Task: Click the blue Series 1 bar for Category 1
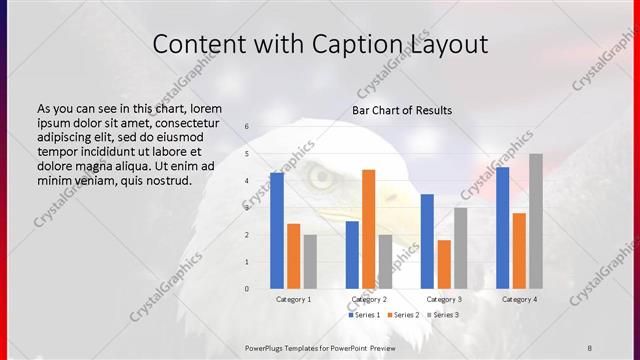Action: point(276,230)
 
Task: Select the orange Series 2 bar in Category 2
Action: point(368,229)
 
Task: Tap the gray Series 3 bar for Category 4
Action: point(536,221)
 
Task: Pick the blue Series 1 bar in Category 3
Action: point(427,241)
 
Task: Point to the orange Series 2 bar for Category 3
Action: point(443,264)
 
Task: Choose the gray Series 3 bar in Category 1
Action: point(310,262)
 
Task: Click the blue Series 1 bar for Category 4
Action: point(502,227)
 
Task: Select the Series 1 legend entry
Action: point(364,314)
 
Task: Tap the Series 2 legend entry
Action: point(403,314)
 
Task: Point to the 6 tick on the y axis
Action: point(247,127)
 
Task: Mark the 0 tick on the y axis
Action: point(247,289)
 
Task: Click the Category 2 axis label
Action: point(369,299)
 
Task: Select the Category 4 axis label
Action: point(519,299)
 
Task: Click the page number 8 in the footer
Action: point(590,345)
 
